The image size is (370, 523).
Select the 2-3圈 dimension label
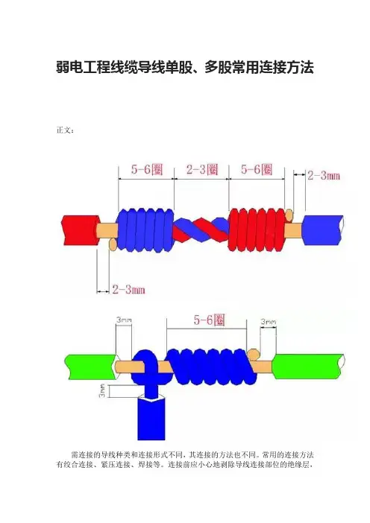202,169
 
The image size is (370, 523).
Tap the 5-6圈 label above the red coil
257,169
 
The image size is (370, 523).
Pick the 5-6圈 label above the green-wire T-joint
210,320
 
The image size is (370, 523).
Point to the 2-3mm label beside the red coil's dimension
323,175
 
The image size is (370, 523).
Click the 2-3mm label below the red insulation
128,289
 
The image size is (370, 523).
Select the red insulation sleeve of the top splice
81,230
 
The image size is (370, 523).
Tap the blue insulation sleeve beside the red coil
323,230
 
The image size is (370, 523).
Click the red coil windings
257,230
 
